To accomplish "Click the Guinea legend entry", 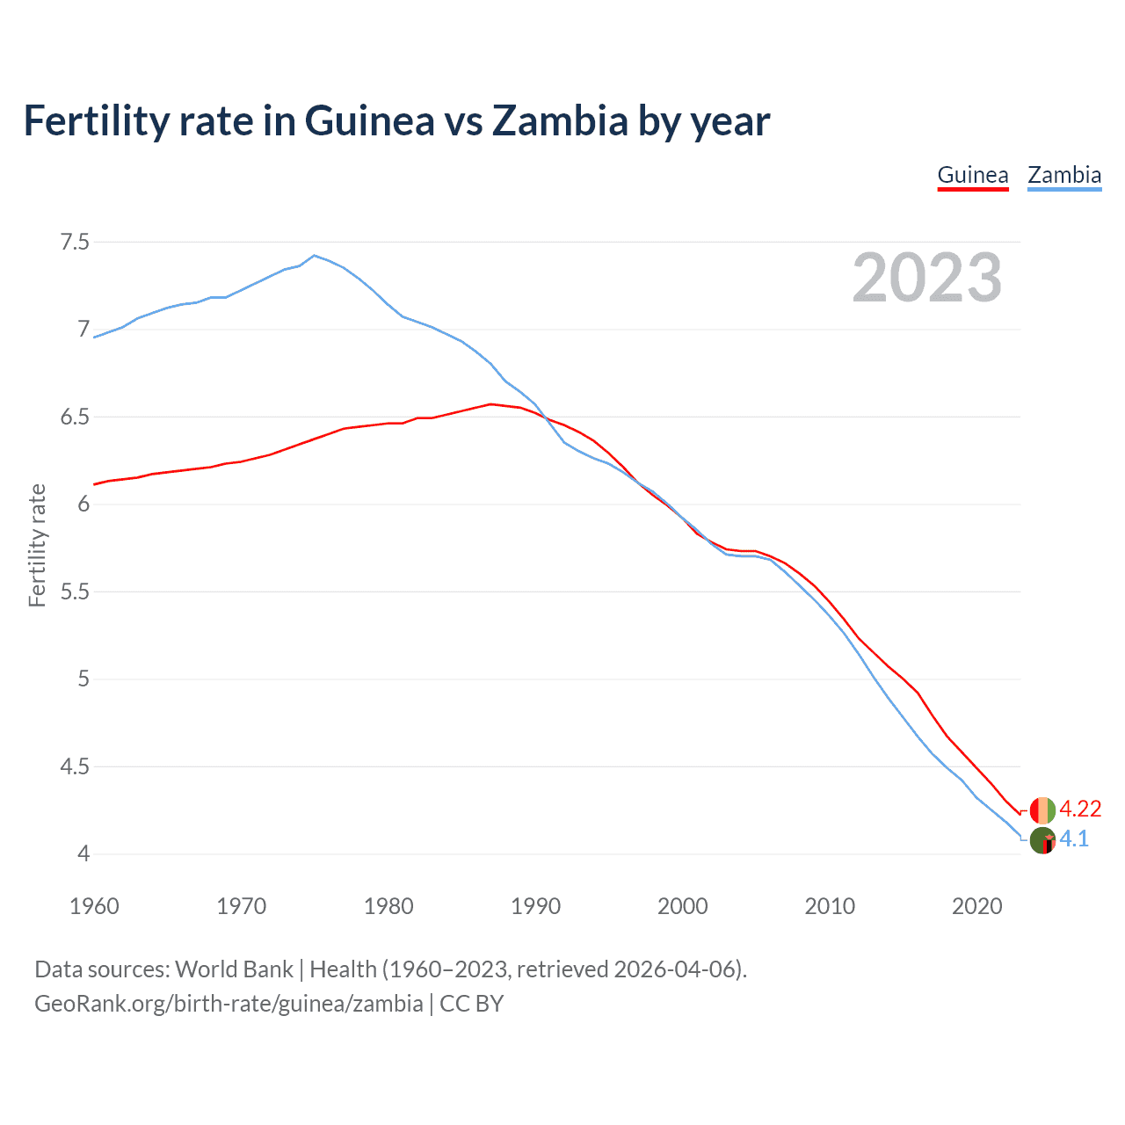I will click(x=972, y=175).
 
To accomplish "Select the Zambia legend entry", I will click(x=1064, y=175).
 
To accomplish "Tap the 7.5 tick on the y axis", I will click(x=75, y=242).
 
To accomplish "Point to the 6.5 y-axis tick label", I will click(x=75, y=417).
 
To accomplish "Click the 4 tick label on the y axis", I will click(x=83, y=853).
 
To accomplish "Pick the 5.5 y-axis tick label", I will click(x=75, y=592).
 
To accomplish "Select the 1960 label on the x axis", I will click(x=94, y=906).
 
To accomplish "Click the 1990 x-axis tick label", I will click(x=535, y=906).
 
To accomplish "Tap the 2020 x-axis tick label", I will click(x=976, y=906).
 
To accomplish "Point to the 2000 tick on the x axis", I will click(x=682, y=906).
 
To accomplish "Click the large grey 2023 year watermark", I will click(x=926, y=278).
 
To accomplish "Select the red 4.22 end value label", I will click(x=1080, y=809).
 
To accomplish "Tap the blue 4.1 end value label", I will click(x=1074, y=838).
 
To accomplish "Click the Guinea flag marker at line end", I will click(x=1042, y=809).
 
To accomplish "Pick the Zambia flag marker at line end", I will click(x=1042, y=840).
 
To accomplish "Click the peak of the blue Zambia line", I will click(x=315, y=255).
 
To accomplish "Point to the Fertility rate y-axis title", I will click(x=37, y=545).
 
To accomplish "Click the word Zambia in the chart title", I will click(x=559, y=120).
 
